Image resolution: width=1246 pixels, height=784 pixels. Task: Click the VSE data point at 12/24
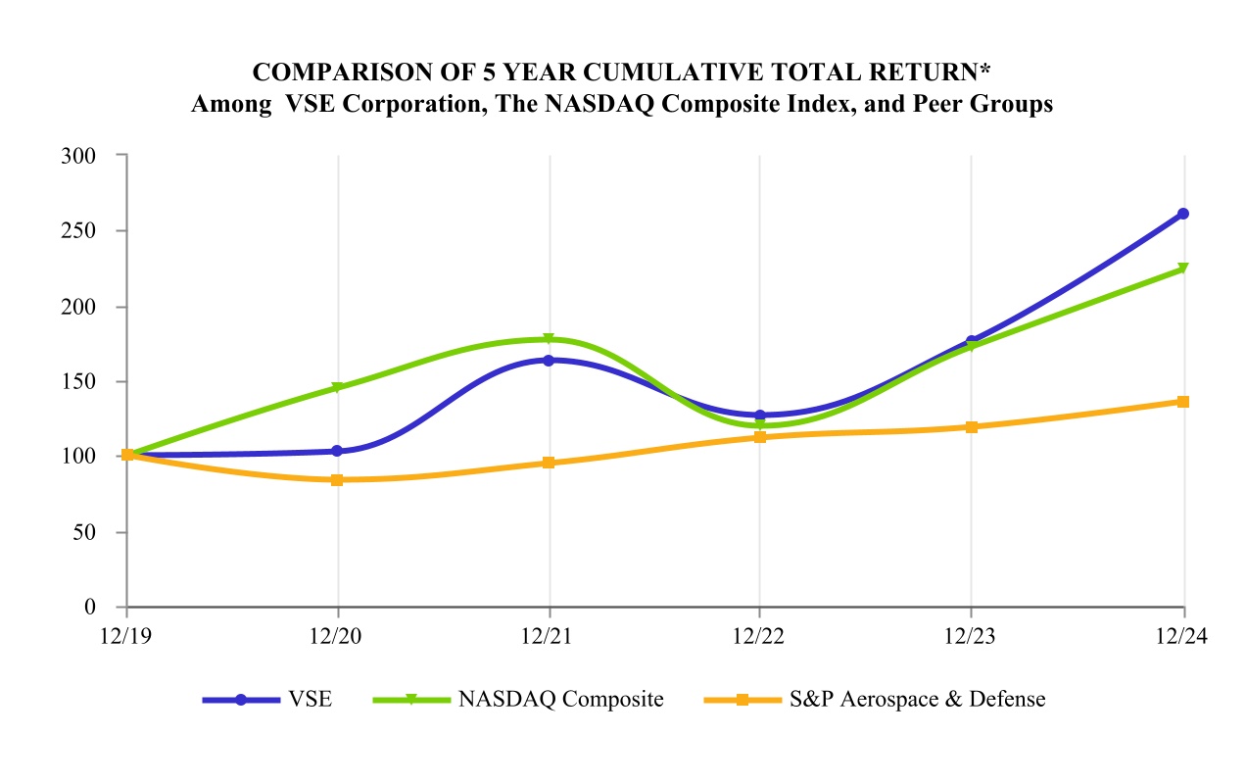[1182, 214]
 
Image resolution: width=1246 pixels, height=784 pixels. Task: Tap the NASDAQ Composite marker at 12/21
[550, 339]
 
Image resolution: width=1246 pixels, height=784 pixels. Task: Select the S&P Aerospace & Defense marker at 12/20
[337, 480]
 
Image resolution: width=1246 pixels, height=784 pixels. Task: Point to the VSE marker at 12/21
[550, 361]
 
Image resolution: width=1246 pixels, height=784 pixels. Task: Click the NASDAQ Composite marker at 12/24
[1182, 269]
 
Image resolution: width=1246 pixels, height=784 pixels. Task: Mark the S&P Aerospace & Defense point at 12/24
[1182, 402]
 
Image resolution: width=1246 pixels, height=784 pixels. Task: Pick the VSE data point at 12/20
[337, 451]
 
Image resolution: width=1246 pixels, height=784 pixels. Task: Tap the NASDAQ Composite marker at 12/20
[337, 387]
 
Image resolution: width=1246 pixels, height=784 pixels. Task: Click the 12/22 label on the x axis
[759, 636]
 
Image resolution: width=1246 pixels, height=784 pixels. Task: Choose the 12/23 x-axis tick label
[970, 636]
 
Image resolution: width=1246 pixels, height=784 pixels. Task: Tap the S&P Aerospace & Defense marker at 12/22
[759, 437]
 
